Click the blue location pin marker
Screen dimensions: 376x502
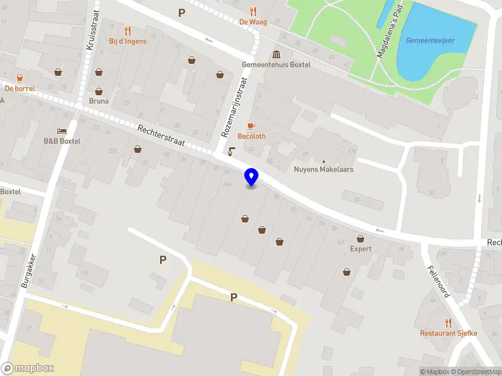pyautogui.click(x=251, y=177)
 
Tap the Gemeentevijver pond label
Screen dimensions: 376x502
pyautogui.click(x=430, y=41)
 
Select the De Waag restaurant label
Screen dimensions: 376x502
pyautogui.click(x=253, y=22)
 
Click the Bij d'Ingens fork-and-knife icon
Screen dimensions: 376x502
pyautogui.click(x=128, y=30)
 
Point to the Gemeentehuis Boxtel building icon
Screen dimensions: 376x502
pyautogui.click(x=276, y=54)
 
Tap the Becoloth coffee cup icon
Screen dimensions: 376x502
pyautogui.click(x=251, y=126)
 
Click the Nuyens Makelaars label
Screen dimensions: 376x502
pyautogui.click(x=324, y=169)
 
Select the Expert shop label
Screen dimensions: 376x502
pyautogui.click(x=361, y=249)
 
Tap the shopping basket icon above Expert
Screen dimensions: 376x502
pyautogui.click(x=361, y=238)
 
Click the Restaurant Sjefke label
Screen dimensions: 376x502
pyautogui.click(x=449, y=333)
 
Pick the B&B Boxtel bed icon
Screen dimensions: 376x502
pyautogui.click(x=61, y=131)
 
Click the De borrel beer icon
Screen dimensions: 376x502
pyautogui.click(x=19, y=78)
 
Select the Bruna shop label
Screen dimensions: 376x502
pyautogui.click(x=99, y=101)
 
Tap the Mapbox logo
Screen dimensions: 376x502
pyautogui.click(x=28, y=368)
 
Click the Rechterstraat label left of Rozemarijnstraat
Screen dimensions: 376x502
pyautogui.click(x=161, y=136)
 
